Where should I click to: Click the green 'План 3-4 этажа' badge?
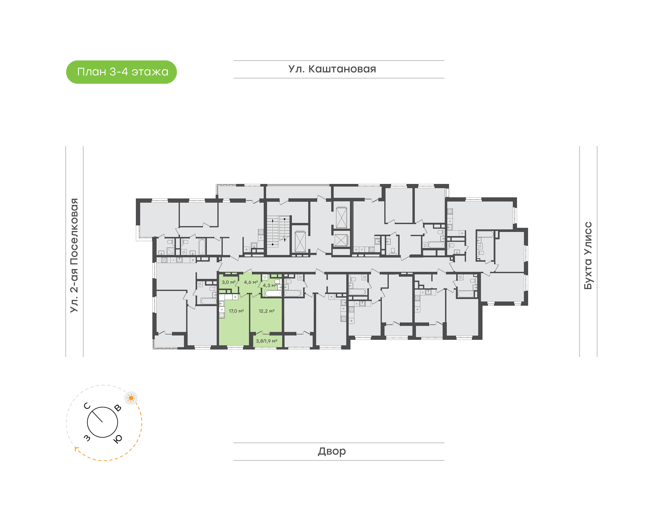[x=122, y=72]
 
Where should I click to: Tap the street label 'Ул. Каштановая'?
[x=332, y=69]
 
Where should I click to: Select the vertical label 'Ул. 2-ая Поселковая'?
[x=74, y=255]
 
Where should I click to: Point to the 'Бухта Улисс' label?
[x=588, y=255]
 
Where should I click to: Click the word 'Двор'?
[x=332, y=451]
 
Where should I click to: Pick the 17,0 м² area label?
[x=236, y=311]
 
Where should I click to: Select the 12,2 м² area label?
[x=267, y=311]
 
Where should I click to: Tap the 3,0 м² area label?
[x=228, y=282]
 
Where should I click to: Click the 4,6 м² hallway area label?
[x=251, y=282]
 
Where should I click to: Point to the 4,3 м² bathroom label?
[x=270, y=286]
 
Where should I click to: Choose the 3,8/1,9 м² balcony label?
[x=267, y=341]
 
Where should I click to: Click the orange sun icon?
[x=131, y=398]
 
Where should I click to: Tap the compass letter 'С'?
[x=87, y=406]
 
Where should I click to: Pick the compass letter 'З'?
[x=87, y=438]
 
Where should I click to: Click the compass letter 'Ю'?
[x=118, y=439]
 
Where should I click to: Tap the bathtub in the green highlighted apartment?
[x=273, y=293]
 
